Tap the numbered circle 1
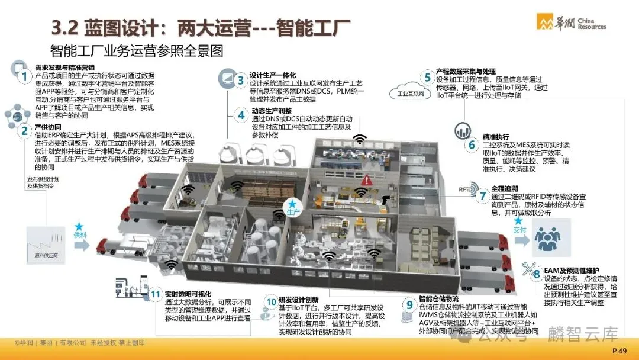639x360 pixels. tap(24, 76)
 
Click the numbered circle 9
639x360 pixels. tap(409, 305)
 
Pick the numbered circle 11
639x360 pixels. tap(156, 294)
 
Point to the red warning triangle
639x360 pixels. tap(367, 178)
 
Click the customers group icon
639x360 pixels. tap(551, 237)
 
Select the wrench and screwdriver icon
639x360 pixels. tap(528, 268)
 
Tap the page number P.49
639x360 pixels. tap(619, 351)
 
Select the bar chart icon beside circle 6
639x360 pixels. tap(462, 131)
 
